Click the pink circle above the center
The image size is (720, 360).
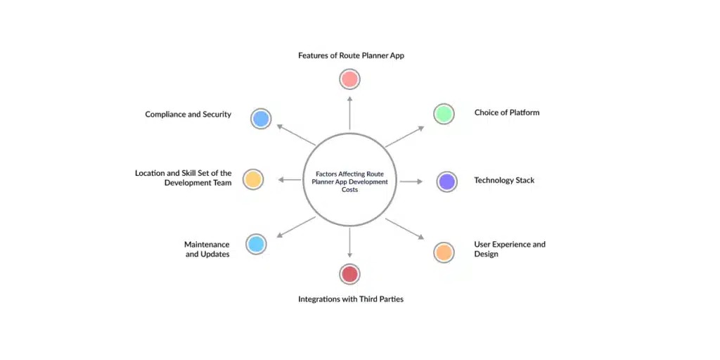pyautogui.click(x=349, y=79)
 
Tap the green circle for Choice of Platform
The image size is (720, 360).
pyautogui.click(x=444, y=114)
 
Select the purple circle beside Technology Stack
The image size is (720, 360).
pyautogui.click(x=446, y=182)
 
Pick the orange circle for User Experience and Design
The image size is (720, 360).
pyautogui.click(x=444, y=252)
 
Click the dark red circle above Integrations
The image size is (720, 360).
pyautogui.click(x=349, y=274)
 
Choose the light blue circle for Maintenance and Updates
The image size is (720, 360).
pyautogui.click(x=256, y=245)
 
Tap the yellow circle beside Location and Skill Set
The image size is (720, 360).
pyautogui.click(x=252, y=179)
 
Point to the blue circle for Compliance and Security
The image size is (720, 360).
pyautogui.click(x=261, y=119)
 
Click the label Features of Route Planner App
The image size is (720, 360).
pyautogui.click(x=351, y=55)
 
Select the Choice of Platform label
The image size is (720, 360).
pyautogui.click(x=506, y=112)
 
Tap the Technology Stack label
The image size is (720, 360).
pyautogui.click(x=504, y=181)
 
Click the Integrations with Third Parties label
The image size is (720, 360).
pyautogui.click(x=350, y=299)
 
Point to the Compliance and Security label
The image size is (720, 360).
pyautogui.click(x=188, y=115)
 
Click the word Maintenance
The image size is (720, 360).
pyautogui.click(x=207, y=245)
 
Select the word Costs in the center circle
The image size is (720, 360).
pyautogui.click(x=349, y=190)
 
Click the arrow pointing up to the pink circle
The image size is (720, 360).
pyautogui.click(x=349, y=112)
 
